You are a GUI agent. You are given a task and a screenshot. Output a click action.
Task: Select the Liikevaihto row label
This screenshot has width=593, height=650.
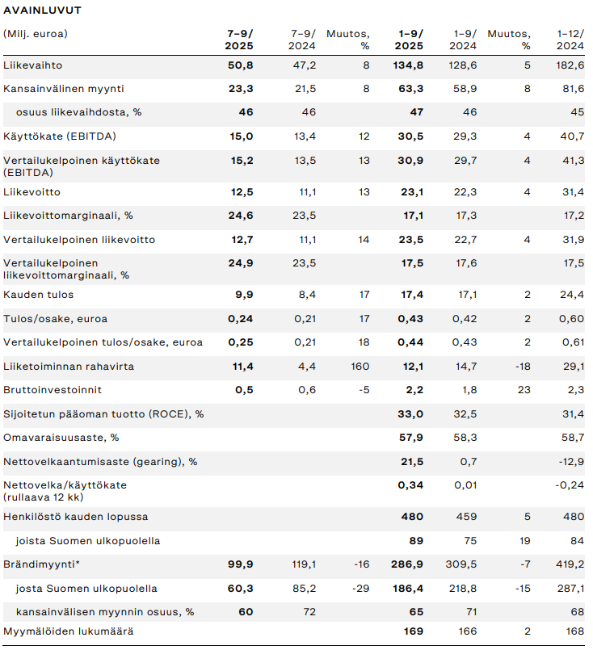point(33,65)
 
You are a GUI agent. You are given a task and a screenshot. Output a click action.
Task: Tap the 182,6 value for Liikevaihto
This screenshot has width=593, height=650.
point(570,65)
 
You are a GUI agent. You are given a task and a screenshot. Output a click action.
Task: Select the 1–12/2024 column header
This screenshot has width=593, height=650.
point(570,40)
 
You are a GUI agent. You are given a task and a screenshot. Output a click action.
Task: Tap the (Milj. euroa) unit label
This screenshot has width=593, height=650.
point(36,34)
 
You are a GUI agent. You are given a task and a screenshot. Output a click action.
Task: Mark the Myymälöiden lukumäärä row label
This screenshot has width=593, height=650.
point(69,631)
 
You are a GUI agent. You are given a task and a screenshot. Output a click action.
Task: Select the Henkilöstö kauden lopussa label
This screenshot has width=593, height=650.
point(76,516)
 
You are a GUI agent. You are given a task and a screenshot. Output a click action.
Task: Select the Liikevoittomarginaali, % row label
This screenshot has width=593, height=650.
point(68,216)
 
